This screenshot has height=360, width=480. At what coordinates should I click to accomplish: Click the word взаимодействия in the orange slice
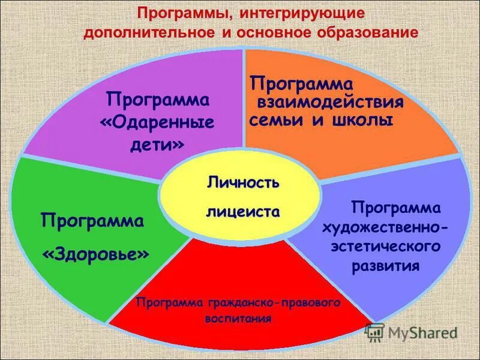(331, 100)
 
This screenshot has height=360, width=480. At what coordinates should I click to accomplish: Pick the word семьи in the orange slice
(277, 119)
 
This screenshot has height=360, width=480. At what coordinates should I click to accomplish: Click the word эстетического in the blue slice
(384, 246)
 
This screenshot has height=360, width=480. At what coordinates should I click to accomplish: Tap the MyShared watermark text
(422, 332)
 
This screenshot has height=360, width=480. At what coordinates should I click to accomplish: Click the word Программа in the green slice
(92, 221)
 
